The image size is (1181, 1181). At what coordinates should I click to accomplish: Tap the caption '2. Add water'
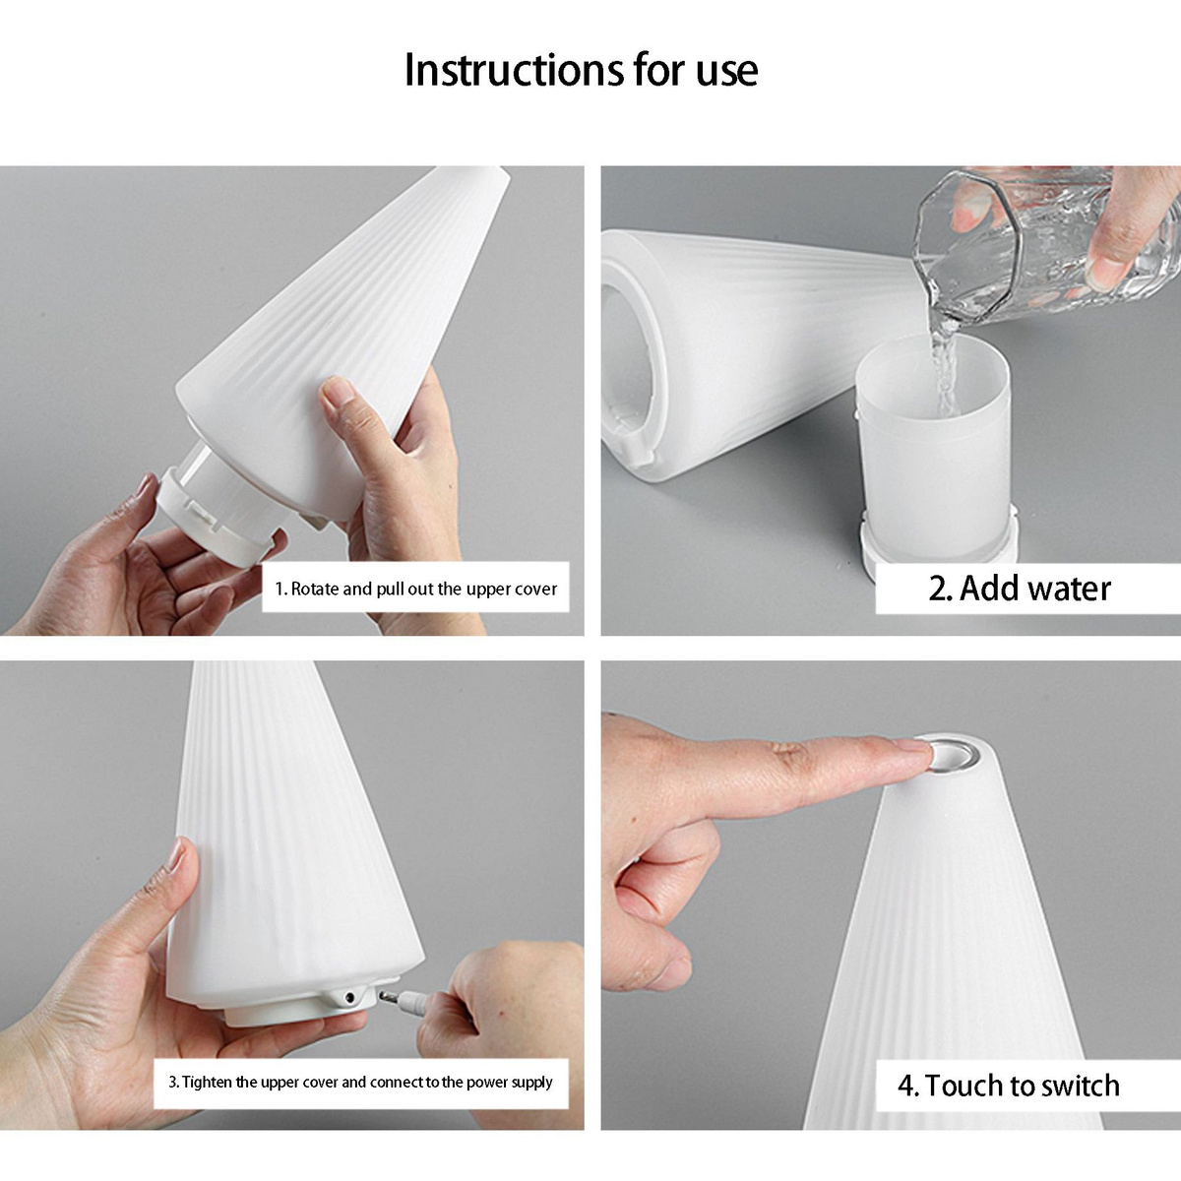1020,589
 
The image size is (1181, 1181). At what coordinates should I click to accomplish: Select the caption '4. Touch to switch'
1009,1086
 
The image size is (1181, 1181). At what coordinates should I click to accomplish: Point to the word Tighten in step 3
207,1083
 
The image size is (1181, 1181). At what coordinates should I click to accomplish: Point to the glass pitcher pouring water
1042,245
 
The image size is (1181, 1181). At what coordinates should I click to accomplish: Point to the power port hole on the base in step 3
349,998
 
